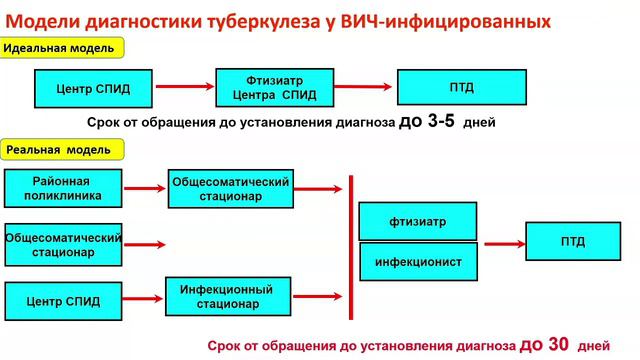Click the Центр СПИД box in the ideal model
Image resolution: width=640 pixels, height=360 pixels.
pos(94,88)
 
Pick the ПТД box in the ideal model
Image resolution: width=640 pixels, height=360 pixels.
pos(463,88)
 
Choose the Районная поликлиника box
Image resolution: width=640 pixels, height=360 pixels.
pos(63,189)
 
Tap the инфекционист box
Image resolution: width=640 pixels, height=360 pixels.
pos(418,261)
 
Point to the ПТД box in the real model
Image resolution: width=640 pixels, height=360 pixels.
pos(573,242)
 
